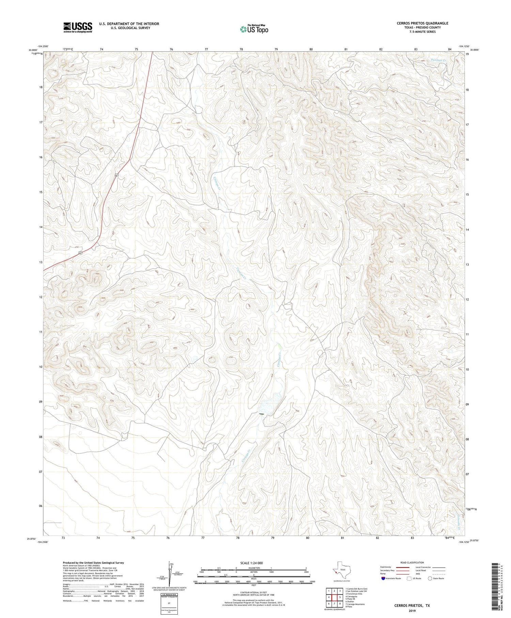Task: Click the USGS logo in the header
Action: pyautogui.click(x=78, y=27)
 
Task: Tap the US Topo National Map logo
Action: pyautogui.click(x=254, y=29)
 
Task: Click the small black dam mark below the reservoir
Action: pyautogui.click(x=261, y=414)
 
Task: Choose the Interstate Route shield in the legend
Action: pyautogui.click(x=383, y=578)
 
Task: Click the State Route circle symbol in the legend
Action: pyautogui.click(x=430, y=578)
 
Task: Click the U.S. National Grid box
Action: pyautogui.click(x=169, y=604)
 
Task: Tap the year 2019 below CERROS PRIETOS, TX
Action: pyautogui.click(x=412, y=611)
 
